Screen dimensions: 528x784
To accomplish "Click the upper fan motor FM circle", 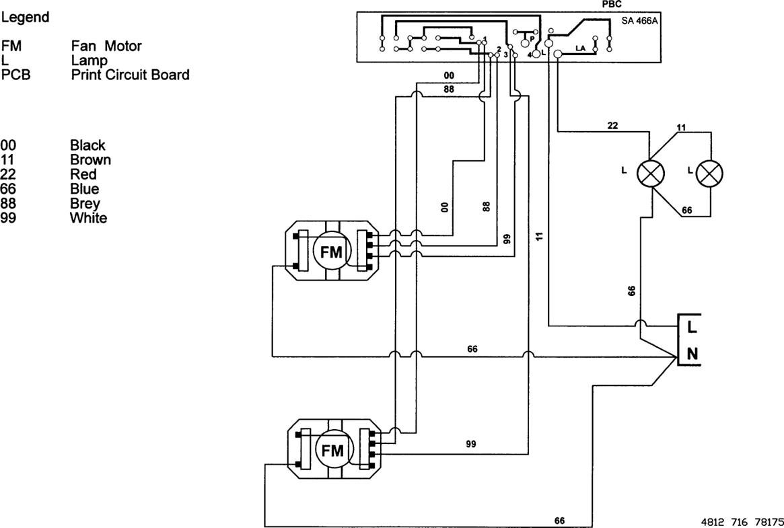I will pyautogui.click(x=330, y=252).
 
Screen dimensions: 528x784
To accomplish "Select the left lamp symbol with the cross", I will pyautogui.click(x=651, y=174).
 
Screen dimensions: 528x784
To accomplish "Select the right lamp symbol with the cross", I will pyautogui.click(x=709, y=174).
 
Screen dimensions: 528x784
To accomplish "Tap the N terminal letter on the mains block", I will pyautogui.click(x=692, y=354).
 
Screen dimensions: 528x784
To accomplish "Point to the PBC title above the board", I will pyautogui.click(x=612, y=4).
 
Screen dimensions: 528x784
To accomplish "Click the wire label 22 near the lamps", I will pyautogui.click(x=612, y=126).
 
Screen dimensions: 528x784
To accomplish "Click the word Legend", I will pyautogui.click(x=25, y=17).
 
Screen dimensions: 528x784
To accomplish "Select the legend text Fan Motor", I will pyautogui.click(x=106, y=46).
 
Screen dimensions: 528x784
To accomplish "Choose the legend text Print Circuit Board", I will pyautogui.click(x=130, y=75).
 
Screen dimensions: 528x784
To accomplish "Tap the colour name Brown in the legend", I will pyautogui.click(x=90, y=160).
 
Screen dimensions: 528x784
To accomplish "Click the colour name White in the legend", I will pyautogui.click(x=88, y=218).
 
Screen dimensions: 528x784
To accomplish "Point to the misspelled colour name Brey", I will pyautogui.click(x=85, y=203).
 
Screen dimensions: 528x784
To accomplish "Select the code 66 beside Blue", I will pyautogui.click(x=8, y=189).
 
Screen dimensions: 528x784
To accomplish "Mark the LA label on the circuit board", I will pyautogui.click(x=580, y=48).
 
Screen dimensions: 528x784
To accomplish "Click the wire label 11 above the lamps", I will pyautogui.click(x=680, y=127).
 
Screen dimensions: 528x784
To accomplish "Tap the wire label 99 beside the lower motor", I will pyautogui.click(x=471, y=444).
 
